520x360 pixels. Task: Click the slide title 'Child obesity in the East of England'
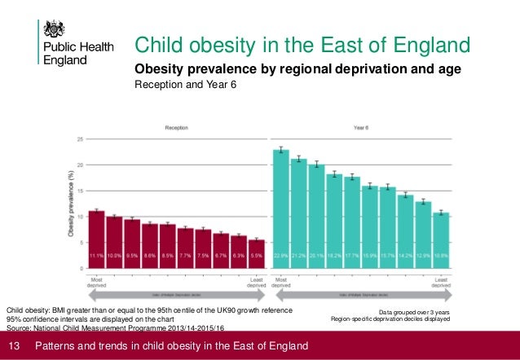pos(302,44)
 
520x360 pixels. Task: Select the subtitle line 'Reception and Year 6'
pos(185,85)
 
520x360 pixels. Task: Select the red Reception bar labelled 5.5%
pos(257,253)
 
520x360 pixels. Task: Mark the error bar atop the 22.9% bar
pos(281,150)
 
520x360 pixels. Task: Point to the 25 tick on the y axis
pos(79,139)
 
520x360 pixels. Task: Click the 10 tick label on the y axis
pos(79,217)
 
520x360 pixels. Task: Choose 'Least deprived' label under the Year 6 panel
pos(440,283)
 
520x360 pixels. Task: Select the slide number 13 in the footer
pos(13,347)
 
